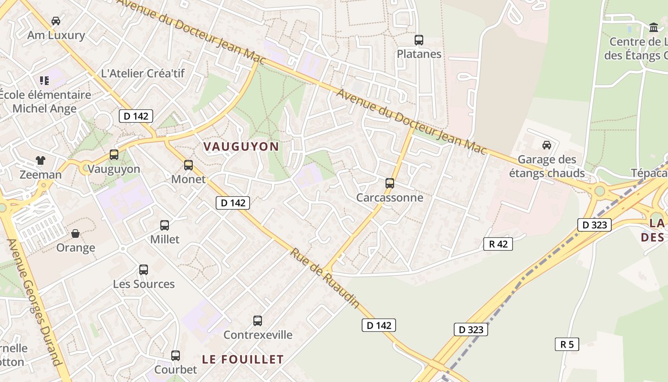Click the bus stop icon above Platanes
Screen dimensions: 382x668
tap(419, 40)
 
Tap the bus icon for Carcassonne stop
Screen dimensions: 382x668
tap(390, 183)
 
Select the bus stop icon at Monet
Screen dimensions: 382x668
tap(188, 165)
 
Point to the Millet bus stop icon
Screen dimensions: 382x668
tap(165, 225)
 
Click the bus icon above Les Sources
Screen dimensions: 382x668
tap(144, 270)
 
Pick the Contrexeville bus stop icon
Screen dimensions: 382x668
tap(258, 321)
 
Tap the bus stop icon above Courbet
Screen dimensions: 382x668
tap(176, 356)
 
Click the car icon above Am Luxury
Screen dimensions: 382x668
tap(56, 21)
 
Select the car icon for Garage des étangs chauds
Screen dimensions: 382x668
tap(547, 145)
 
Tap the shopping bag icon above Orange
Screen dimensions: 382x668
tap(75, 233)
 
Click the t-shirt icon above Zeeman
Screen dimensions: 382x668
tap(41, 160)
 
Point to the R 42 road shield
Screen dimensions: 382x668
tap(498, 244)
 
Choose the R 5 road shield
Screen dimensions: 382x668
tap(567, 344)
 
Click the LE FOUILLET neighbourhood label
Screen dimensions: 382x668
tap(243, 359)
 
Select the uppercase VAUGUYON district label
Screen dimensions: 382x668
tap(241, 147)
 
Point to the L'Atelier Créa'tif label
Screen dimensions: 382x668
tap(143, 74)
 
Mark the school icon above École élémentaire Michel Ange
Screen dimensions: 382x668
tap(44, 81)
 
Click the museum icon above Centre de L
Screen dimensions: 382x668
tap(654, 28)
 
